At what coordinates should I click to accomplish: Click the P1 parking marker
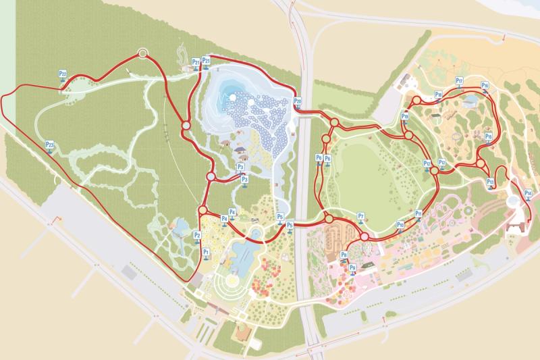(x=207, y=252)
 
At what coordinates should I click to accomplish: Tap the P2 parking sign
(x=197, y=235)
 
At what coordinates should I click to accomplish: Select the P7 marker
(x=361, y=217)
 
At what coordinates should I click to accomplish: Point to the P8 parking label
(x=344, y=255)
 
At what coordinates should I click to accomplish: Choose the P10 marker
(x=400, y=225)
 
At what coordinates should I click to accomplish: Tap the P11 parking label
(x=418, y=214)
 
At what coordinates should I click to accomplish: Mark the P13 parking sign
(x=491, y=182)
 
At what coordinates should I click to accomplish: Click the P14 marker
(x=528, y=194)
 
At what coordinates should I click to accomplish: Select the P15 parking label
(x=488, y=137)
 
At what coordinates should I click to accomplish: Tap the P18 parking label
(x=438, y=95)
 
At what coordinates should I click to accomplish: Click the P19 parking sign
(x=404, y=117)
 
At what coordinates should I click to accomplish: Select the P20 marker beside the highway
(x=298, y=102)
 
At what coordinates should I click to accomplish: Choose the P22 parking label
(x=62, y=74)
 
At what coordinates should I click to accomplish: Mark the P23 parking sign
(x=49, y=145)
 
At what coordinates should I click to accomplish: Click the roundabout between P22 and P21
(x=142, y=53)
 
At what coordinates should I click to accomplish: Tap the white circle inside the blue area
(x=233, y=97)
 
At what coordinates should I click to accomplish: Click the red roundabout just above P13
(x=481, y=163)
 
